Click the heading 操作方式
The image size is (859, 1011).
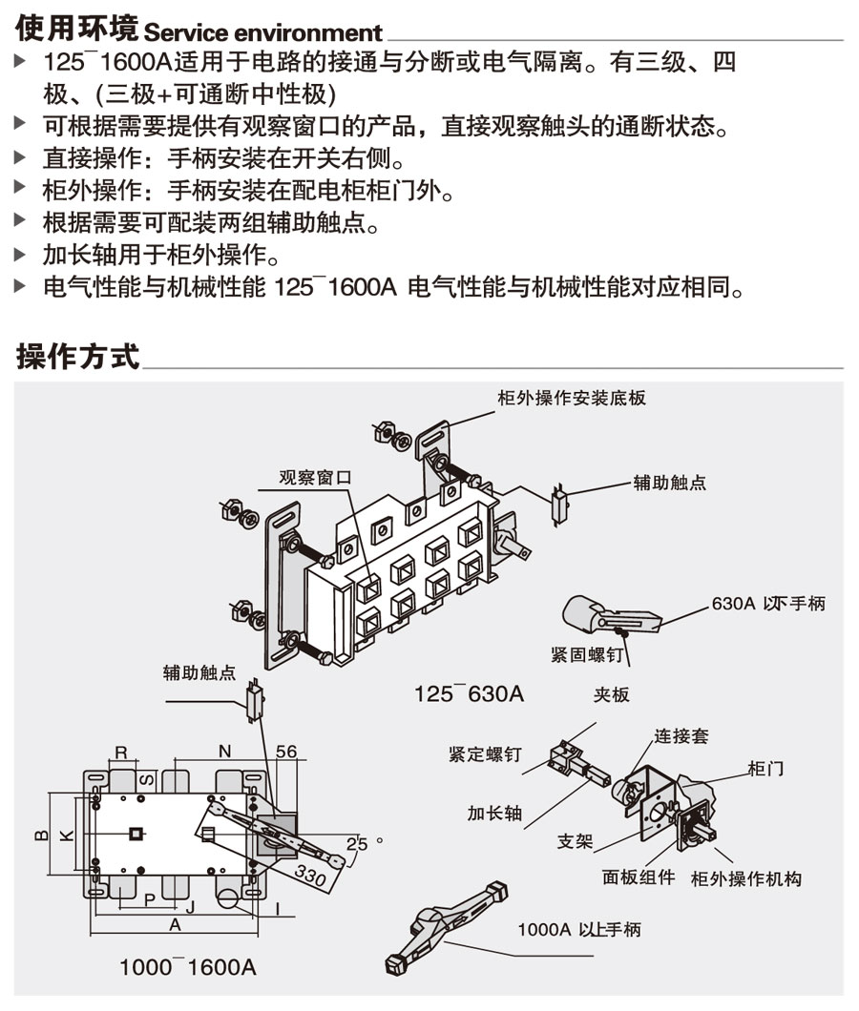tap(77, 357)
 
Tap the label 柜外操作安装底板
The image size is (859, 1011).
tap(572, 398)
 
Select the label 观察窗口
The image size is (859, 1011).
tap(316, 477)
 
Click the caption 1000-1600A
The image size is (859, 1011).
tap(188, 966)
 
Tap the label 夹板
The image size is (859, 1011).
tap(611, 695)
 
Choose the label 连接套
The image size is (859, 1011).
tap(681, 736)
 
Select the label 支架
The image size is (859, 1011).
tap(576, 841)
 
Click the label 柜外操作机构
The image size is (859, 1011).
tap(745, 877)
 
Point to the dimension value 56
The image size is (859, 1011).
tap(285, 752)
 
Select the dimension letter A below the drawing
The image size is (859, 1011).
tap(175, 925)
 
